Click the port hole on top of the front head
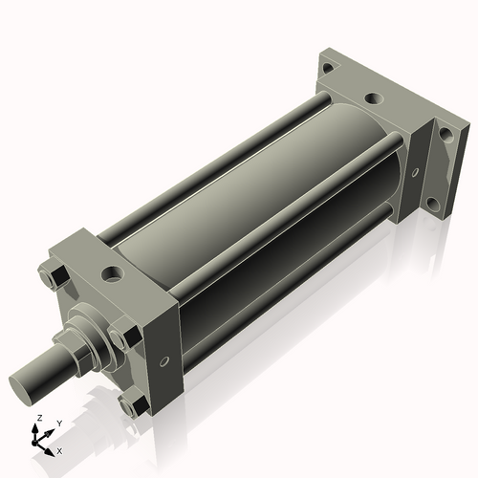[x=114, y=274]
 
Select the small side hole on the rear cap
[x=413, y=173]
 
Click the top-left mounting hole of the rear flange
[x=328, y=68]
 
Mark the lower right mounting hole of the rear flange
[x=433, y=203]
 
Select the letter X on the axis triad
[x=59, y=448]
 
